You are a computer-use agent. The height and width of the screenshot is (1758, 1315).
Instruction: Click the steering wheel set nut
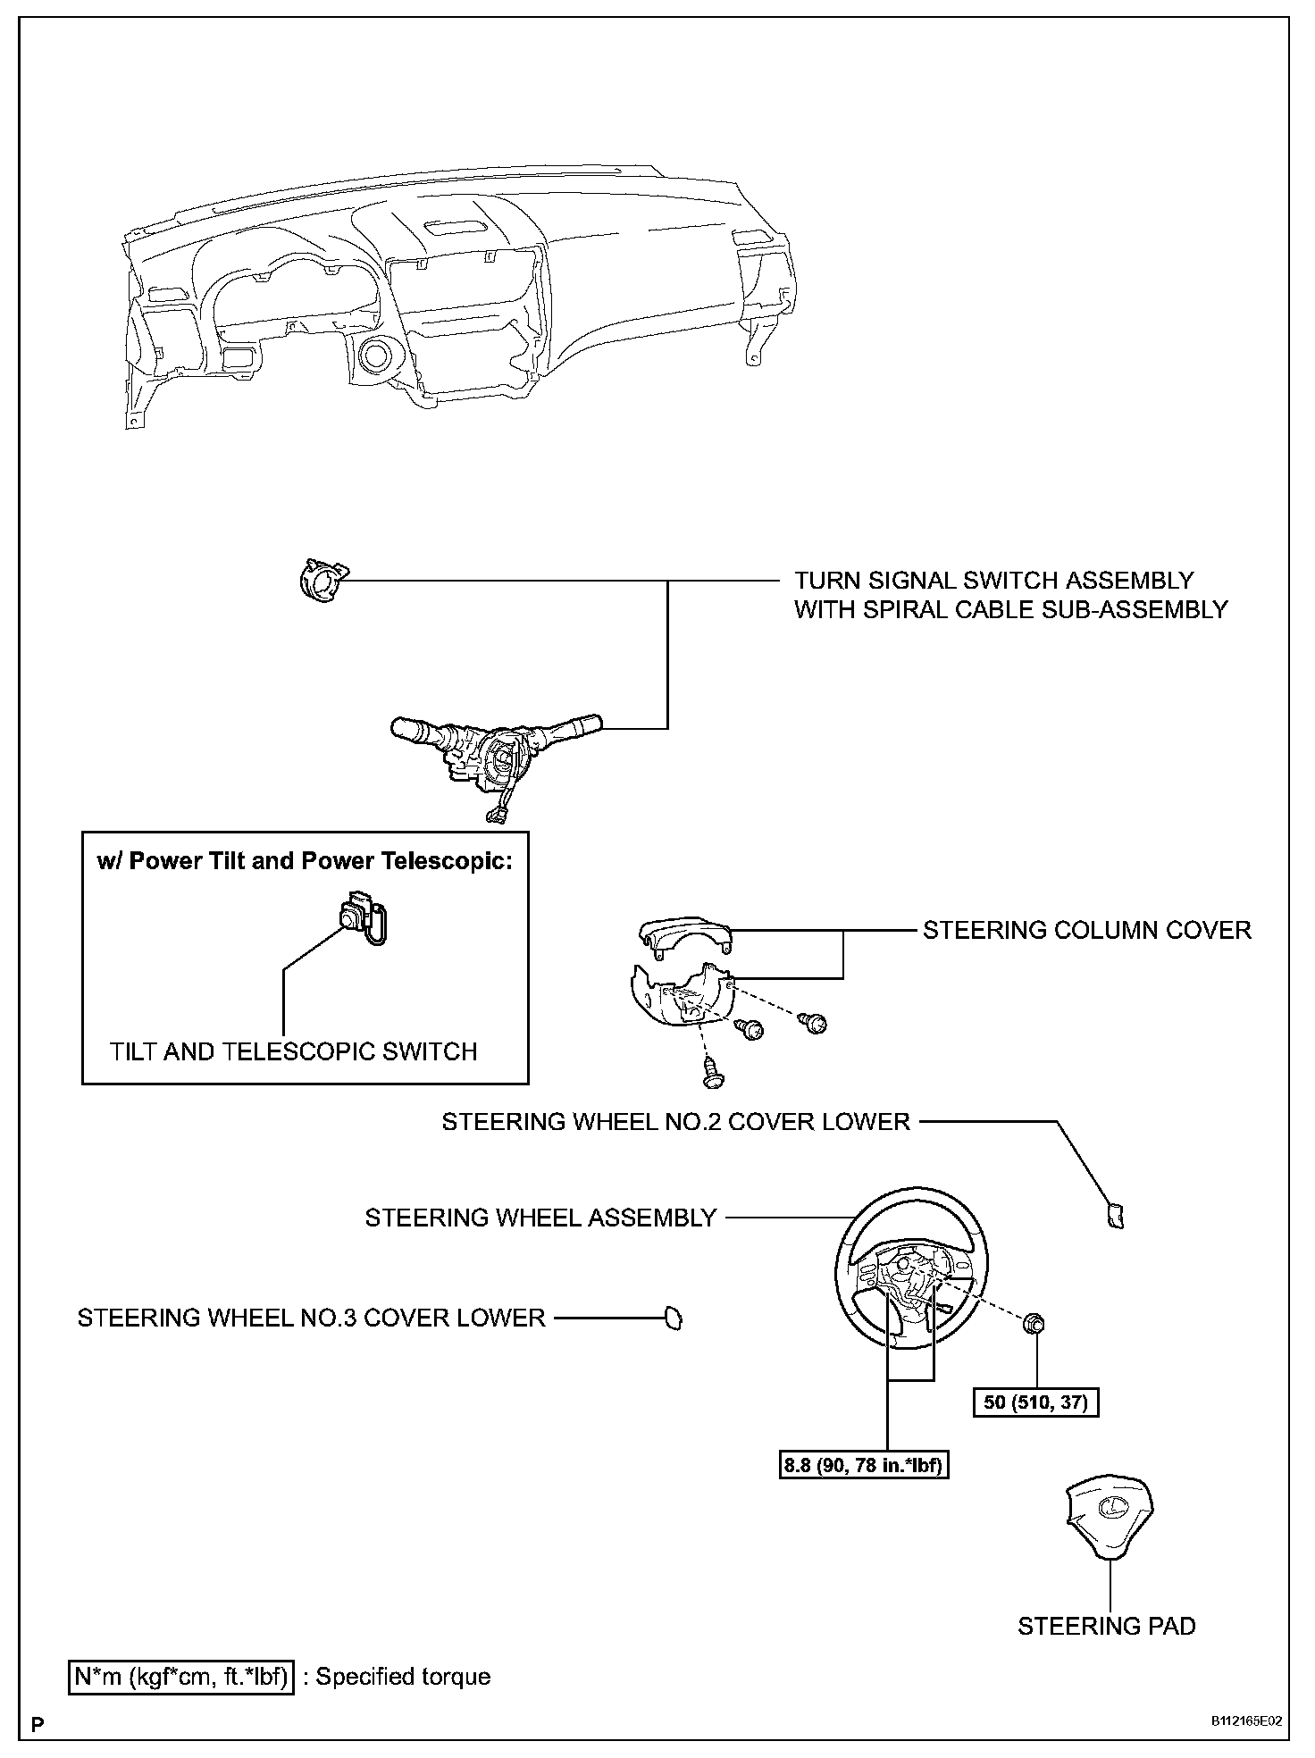1035,1324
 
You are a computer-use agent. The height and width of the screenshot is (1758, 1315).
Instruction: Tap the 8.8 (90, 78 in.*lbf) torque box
864,1466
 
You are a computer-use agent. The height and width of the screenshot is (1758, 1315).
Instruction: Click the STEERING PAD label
1106,1626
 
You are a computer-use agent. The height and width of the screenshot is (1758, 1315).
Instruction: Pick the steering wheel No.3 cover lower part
673,1318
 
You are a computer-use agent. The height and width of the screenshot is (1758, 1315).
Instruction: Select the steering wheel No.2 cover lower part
1115,1216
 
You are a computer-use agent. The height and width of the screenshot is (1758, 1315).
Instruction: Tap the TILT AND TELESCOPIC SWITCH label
293,1051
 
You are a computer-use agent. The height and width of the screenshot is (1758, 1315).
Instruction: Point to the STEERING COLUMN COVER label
1086,931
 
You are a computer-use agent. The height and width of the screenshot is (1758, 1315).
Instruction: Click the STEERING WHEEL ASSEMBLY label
540,1218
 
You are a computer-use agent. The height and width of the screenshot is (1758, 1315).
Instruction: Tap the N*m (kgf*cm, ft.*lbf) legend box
180,1677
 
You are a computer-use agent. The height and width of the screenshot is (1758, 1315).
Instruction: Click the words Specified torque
403,1677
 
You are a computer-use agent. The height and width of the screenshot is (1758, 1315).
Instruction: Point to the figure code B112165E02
1247,1721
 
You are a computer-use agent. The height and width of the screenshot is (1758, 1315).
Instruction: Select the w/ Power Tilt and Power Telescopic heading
305,861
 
